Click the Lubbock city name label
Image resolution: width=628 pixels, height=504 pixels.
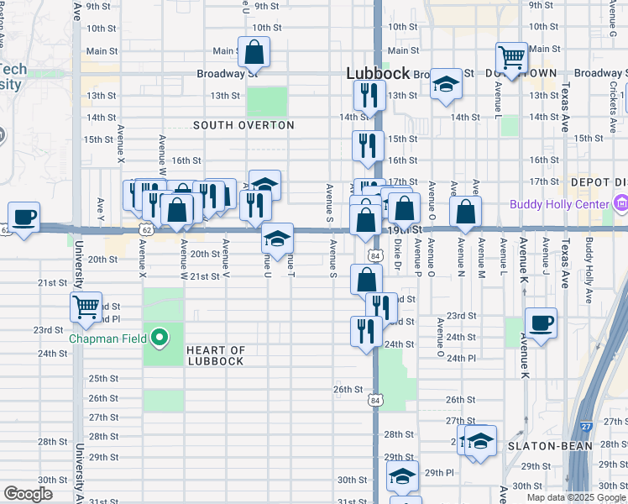coord(378,74)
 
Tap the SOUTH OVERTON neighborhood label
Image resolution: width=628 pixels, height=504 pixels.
coord(243,125)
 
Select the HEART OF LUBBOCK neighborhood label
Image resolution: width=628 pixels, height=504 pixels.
coord(215,355)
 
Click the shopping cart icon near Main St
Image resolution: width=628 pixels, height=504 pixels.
coord(511,57)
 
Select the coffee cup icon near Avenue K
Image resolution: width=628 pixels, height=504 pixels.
coord(542,323)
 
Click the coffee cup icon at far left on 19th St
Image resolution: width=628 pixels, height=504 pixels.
coord(24,218)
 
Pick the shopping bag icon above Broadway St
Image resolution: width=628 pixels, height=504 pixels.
coord(254,53)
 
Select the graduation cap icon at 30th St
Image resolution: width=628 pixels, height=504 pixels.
coord(402,476)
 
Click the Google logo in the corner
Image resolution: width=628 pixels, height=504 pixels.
coord(28,494)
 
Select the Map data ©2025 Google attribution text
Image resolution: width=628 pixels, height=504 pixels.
coord(575,497)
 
